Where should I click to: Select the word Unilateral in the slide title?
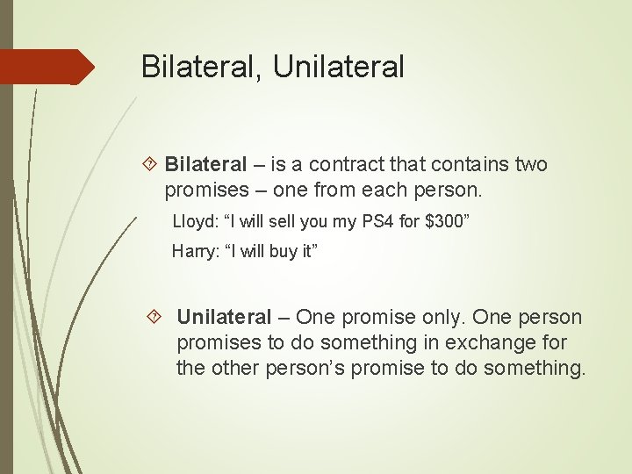point(339,67)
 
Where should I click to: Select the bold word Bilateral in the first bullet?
point(206,164)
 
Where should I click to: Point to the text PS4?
point(372,222)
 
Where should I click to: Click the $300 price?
point(443,222)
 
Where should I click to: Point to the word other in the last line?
point(230,368)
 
